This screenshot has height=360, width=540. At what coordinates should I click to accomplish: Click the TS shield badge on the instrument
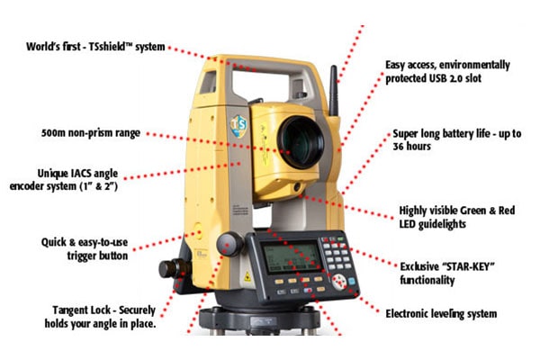(x=238, y=126)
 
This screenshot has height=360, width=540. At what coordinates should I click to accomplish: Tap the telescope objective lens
(x=301, y=142)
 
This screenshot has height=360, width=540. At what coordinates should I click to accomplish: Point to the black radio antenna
(x=333, y=90)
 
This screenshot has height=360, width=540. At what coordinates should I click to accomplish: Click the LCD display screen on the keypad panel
(x=292, y=257)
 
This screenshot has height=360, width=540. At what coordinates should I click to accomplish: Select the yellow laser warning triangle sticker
(x=247, y=276)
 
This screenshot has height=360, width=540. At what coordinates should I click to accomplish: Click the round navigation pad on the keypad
(x=339, y=282)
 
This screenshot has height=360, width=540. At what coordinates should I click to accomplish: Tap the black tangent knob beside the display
(x=230, y=244)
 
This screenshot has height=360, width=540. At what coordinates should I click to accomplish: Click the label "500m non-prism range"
(x=91, y=133)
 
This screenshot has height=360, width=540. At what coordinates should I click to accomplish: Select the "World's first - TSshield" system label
(x=95, y=47)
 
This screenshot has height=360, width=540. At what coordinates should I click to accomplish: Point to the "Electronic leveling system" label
(x=441, y=314)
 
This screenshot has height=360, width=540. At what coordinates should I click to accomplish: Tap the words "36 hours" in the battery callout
(x=411, y=147)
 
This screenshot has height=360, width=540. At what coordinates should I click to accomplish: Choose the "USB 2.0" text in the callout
(x=445, y=78)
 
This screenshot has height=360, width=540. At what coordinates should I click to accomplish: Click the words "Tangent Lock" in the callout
(x=84, y=310)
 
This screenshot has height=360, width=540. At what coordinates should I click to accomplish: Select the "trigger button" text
(x=97, y=256)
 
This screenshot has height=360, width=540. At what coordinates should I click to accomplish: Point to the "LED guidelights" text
(x=433, y=224)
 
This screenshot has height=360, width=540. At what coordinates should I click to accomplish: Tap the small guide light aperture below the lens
(x=297, y=188)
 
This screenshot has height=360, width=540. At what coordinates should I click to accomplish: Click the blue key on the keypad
(x=352, y=281)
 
